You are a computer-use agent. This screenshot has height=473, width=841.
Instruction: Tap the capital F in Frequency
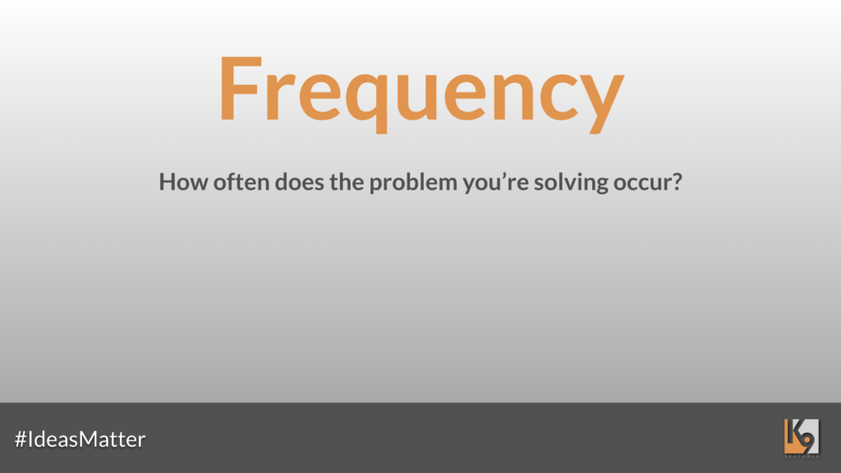click(x=241, y=88)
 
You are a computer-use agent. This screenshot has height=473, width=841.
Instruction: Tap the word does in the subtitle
click(x=299, y=181)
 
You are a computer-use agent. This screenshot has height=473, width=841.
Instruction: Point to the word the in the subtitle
click(x=347, y=181)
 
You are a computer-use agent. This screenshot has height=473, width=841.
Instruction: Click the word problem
click(x=413, y=184)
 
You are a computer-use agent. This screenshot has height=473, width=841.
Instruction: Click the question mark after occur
click(x=675, y=181)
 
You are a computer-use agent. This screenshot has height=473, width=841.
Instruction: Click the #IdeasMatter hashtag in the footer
click(x=80, y=439)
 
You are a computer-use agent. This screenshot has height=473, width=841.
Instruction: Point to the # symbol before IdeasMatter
click(x=21, y=439)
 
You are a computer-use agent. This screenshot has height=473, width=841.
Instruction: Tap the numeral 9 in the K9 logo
click(x=807, y=439)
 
